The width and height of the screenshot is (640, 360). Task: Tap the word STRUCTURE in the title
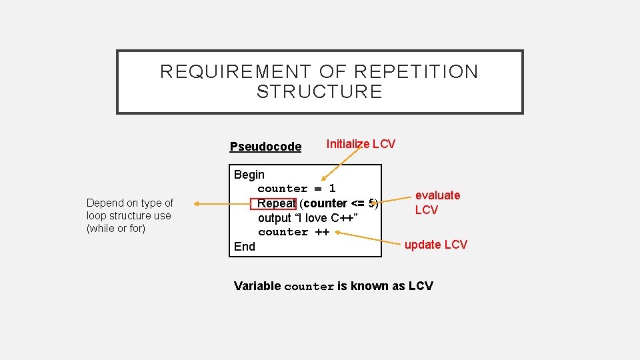(x=319, y=92)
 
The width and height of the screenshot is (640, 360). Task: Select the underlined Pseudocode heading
(x=265, y=147)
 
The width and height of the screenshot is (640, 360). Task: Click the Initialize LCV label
(x=360, y=144)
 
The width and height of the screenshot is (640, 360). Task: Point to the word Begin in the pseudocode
(x=249, y=175)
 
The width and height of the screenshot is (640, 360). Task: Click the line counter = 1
(x=297, y=189)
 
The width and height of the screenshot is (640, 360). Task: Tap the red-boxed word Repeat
(x=273, y=203)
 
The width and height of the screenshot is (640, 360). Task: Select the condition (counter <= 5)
(x=339, y=203)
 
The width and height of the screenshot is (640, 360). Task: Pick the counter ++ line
(x=293, y=232)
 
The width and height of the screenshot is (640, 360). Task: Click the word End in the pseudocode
(x=245, y=247)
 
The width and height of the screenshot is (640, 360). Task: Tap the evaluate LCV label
(x=437, y=202)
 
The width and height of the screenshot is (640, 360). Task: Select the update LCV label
(x=436, y=245)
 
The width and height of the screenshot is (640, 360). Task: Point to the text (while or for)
(x=116, y=229)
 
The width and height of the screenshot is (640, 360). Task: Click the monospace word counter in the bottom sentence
(x=309, y=287)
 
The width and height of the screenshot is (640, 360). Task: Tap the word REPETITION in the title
(x=417, y=71)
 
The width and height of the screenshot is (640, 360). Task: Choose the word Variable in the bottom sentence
(x=257, y=286)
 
